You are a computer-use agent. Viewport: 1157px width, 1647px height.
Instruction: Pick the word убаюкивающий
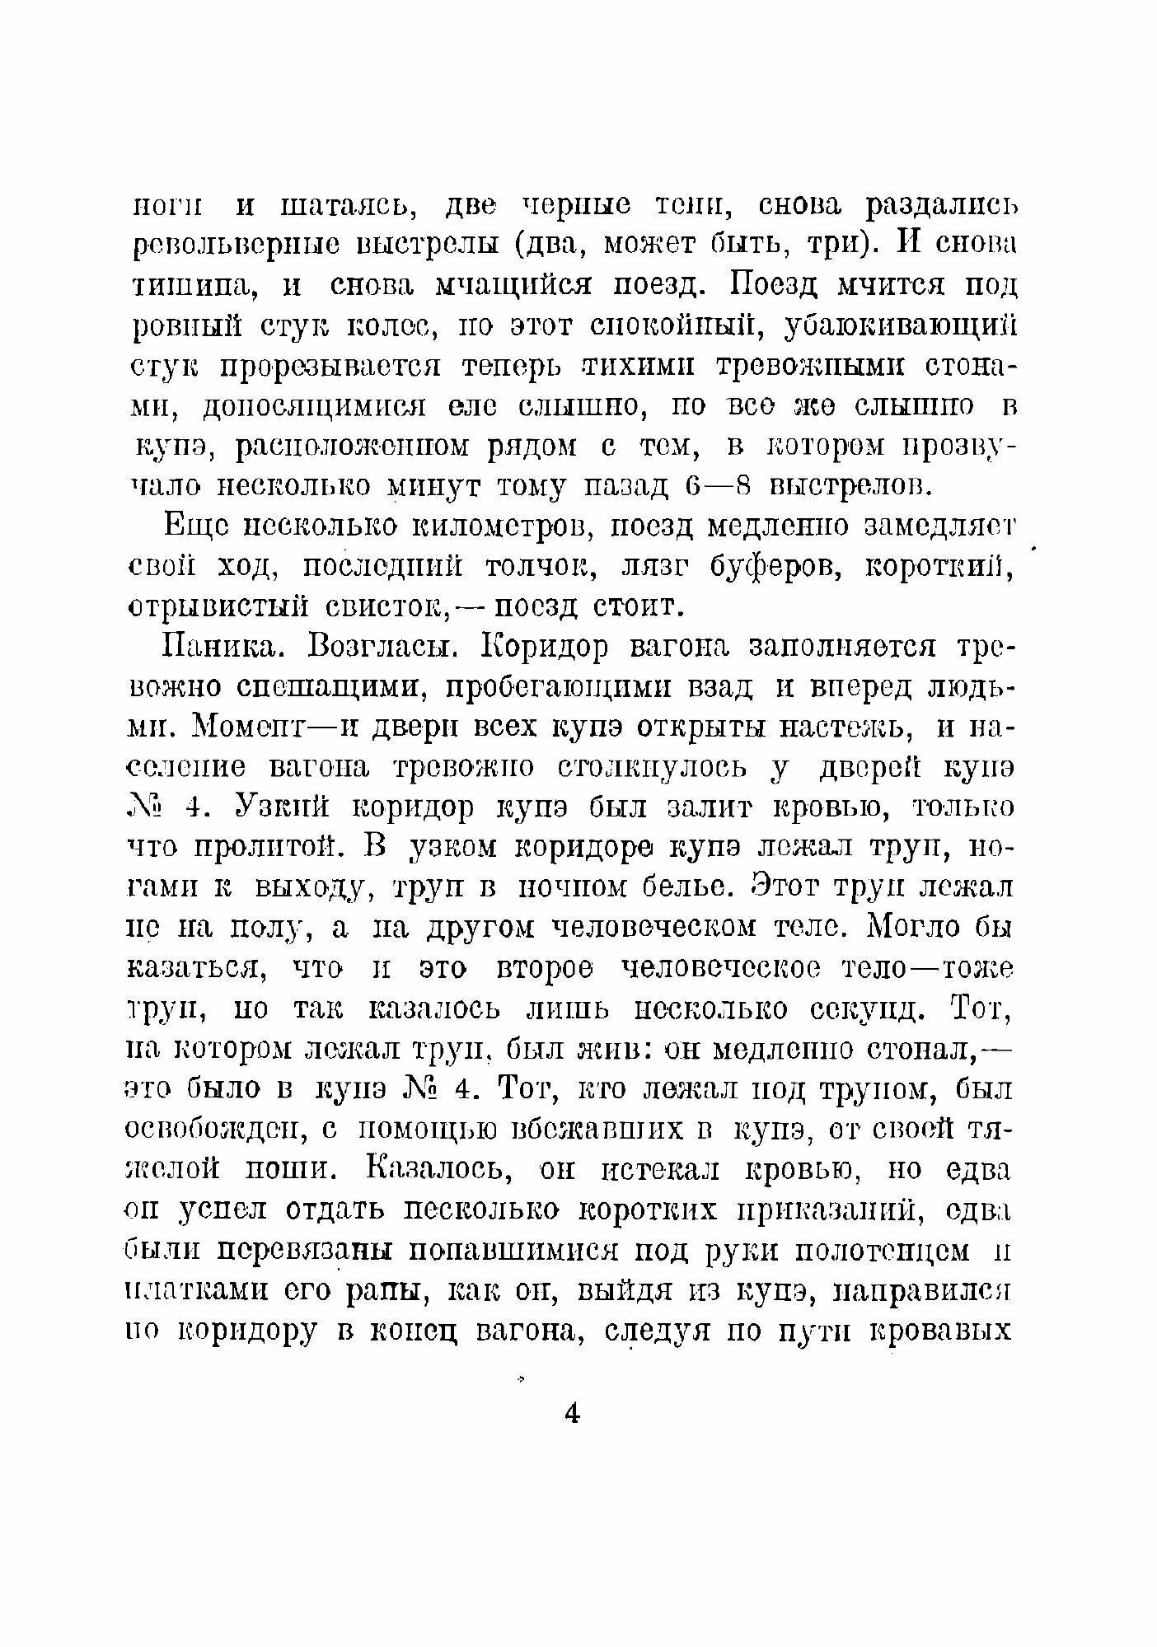click(902, 327)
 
